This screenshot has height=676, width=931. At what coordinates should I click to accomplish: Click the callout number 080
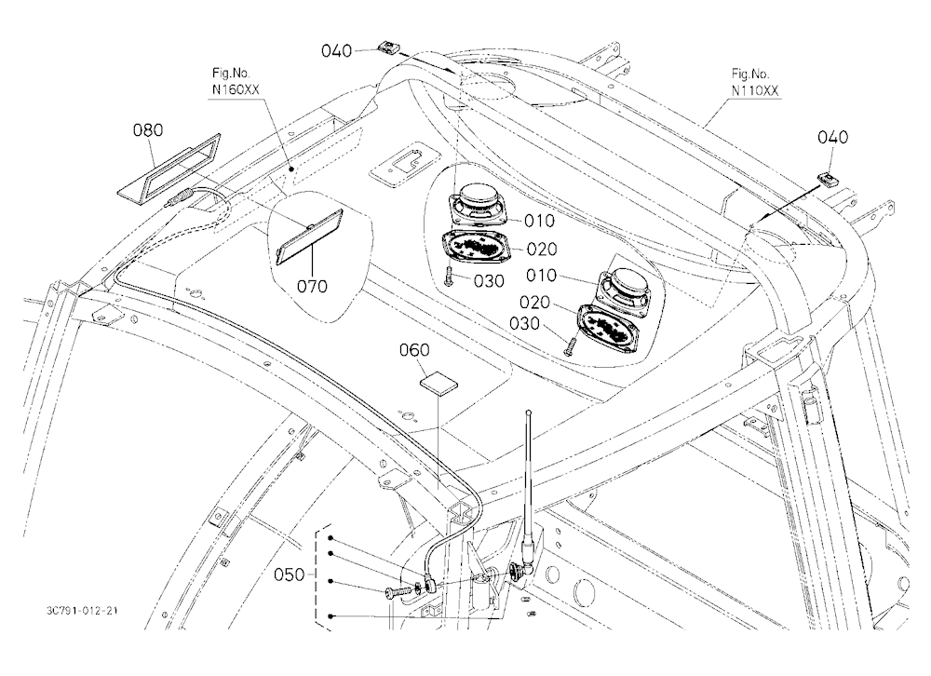pyautogui.click(x=148, y=129)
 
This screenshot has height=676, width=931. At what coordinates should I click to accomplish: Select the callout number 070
pyautogui.click(x=312, y=286)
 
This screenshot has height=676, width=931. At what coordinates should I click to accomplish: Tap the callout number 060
pyautogui.click(x=414, y=350)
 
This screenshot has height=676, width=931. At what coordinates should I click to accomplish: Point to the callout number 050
pyautogui.click(x=290, y=575)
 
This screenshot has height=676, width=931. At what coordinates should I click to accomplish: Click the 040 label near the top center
pyautogui.click(x=337, y=51)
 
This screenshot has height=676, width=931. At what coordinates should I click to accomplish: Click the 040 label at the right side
pyautogui.click(x=833, y=137)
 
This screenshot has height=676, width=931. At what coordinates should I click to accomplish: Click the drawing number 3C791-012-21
pyautogui.click(x=81, y=611)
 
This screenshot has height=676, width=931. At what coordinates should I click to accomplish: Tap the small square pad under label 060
pyautogui.click(x=439, y=383)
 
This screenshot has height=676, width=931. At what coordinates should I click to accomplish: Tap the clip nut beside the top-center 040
pyautogui.click(x=388, y=47)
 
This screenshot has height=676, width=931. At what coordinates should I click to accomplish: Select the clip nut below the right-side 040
pyautogui.click(x=829, y=179)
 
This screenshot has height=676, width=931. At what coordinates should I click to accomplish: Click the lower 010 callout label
pyautogui.click(x=541, y=275)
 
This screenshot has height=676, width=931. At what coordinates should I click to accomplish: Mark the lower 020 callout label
pyautogui.click(x=534, y=303)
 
